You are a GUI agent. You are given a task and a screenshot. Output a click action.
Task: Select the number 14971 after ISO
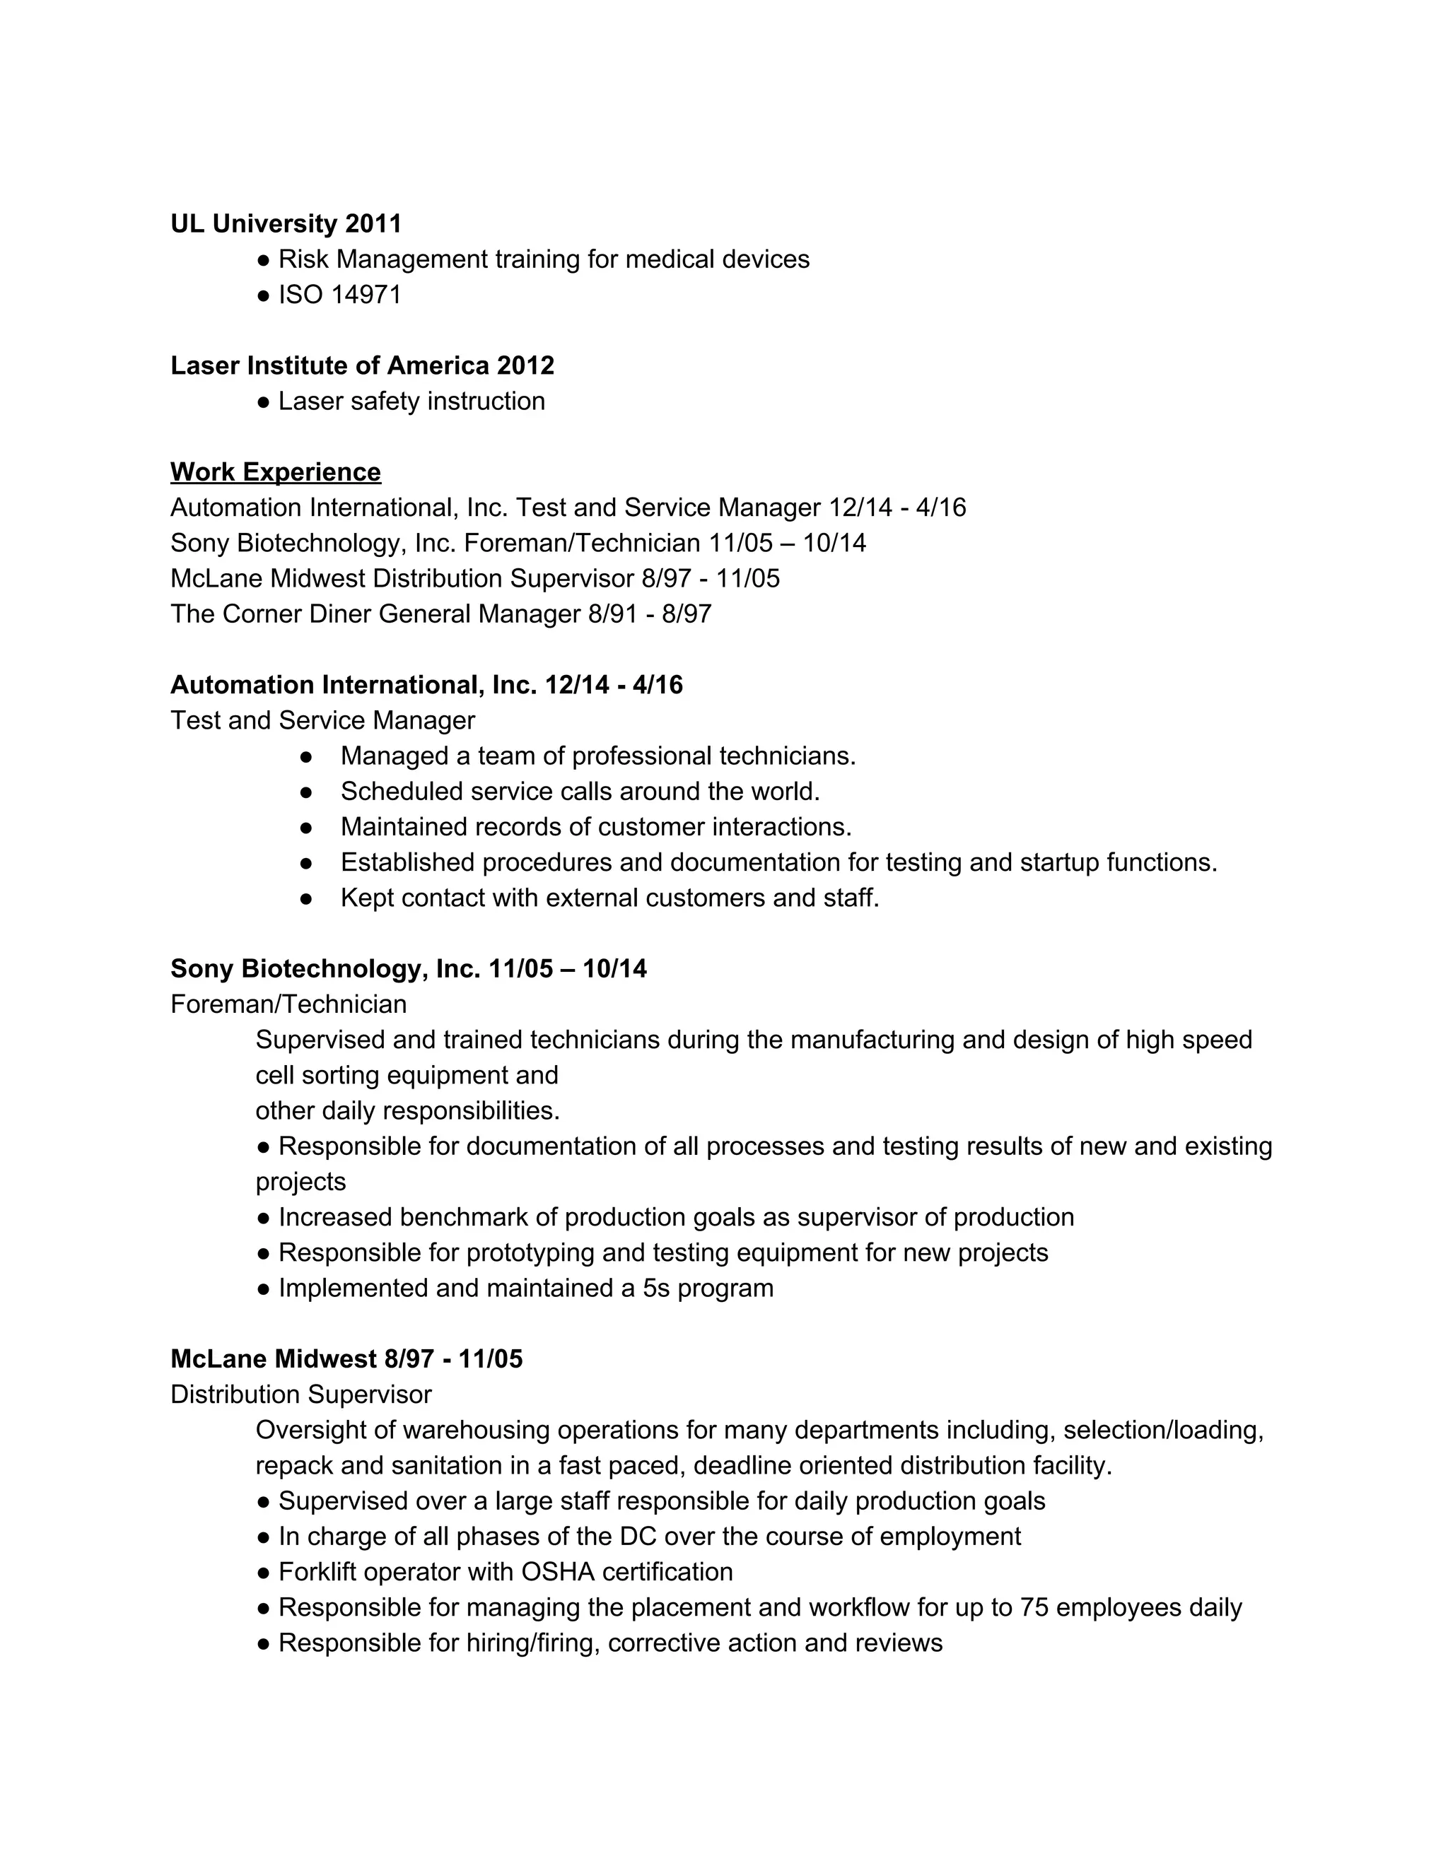coord(366,295)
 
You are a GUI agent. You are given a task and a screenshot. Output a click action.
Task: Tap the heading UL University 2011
coord(286,224)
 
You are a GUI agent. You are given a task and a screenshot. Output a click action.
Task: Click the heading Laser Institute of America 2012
coord(362,365)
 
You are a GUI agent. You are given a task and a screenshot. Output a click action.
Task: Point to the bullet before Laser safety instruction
coord(264,402)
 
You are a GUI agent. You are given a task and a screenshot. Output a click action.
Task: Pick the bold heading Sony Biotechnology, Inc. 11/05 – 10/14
coord(409,968)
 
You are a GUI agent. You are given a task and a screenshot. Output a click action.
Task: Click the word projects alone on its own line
coord(300,1182)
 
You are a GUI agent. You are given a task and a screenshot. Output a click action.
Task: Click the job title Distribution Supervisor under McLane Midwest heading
coord(300,1395)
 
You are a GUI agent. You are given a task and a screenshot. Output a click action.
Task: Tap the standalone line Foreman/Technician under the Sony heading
coord(288,1004)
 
